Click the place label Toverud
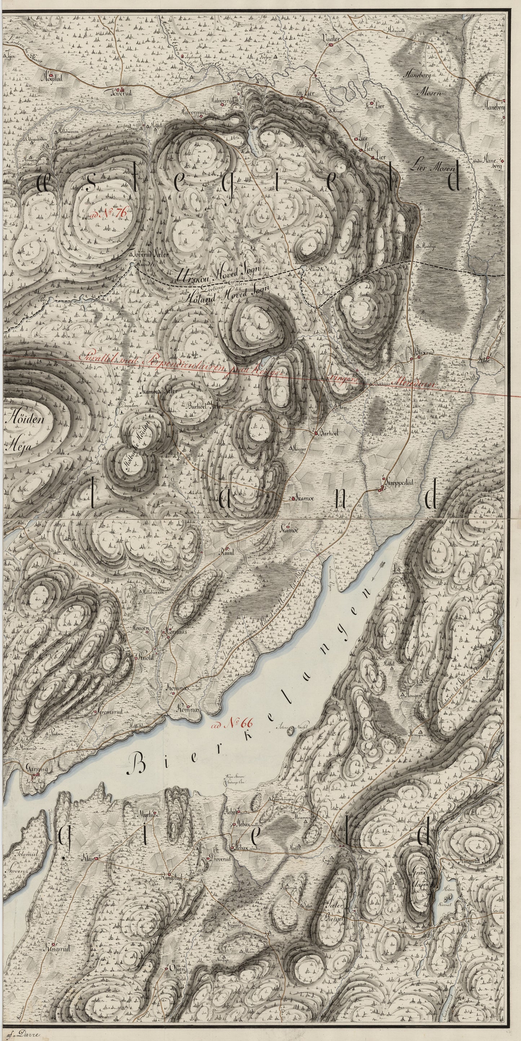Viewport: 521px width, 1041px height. pyautogui.click(x=122, y=92)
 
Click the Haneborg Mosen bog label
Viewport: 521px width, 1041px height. pyautogui.click(x=428, y=84)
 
